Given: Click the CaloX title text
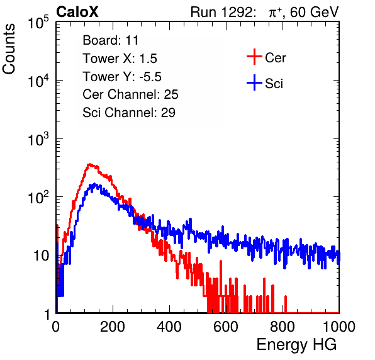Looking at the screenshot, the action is (x=77, y=12).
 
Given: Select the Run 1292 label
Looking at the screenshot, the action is (x=221, y=12).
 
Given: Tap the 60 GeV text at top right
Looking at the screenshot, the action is (x=314, y=12).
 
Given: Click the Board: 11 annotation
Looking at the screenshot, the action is (x=111, y=40).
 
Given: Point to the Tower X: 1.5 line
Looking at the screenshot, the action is (x=120, y=59).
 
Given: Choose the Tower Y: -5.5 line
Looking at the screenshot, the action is (x=122, y=77).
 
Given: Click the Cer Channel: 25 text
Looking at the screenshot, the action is (x=130, y=94).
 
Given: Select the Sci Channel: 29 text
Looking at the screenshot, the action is (x=129, y=113).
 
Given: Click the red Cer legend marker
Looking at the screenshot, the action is (x=254, y=57).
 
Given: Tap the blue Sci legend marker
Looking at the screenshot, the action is (x=254, y=82).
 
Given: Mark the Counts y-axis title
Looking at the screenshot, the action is (x=9, y=49).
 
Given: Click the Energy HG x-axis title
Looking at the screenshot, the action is (x=296, y=345).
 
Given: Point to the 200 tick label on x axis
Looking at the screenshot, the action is (x=113, y=327).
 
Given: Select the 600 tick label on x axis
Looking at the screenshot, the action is (x=226, y=327).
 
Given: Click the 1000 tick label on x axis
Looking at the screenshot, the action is (x=339, y=327).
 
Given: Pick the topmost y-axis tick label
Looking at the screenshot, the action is (x=38, y=22).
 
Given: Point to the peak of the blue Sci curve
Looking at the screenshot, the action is (x=94, y=184).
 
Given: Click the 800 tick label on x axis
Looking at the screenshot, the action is (x=283, y=327).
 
